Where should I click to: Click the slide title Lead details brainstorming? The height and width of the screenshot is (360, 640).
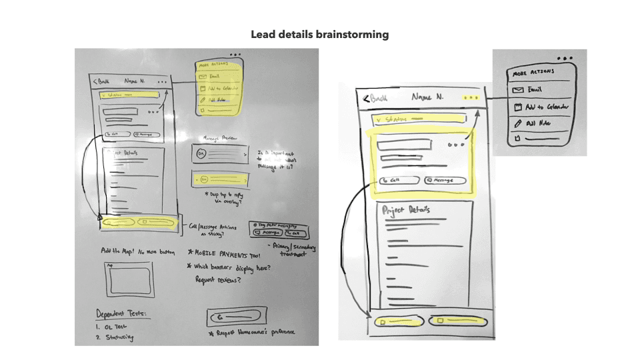319,34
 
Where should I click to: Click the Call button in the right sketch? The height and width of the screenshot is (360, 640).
399,180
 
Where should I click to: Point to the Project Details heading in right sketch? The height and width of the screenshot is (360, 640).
406,211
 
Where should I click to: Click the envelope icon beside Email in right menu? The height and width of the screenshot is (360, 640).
517,89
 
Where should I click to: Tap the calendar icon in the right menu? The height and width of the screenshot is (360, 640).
517,107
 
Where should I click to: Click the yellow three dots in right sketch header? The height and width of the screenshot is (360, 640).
472,97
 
